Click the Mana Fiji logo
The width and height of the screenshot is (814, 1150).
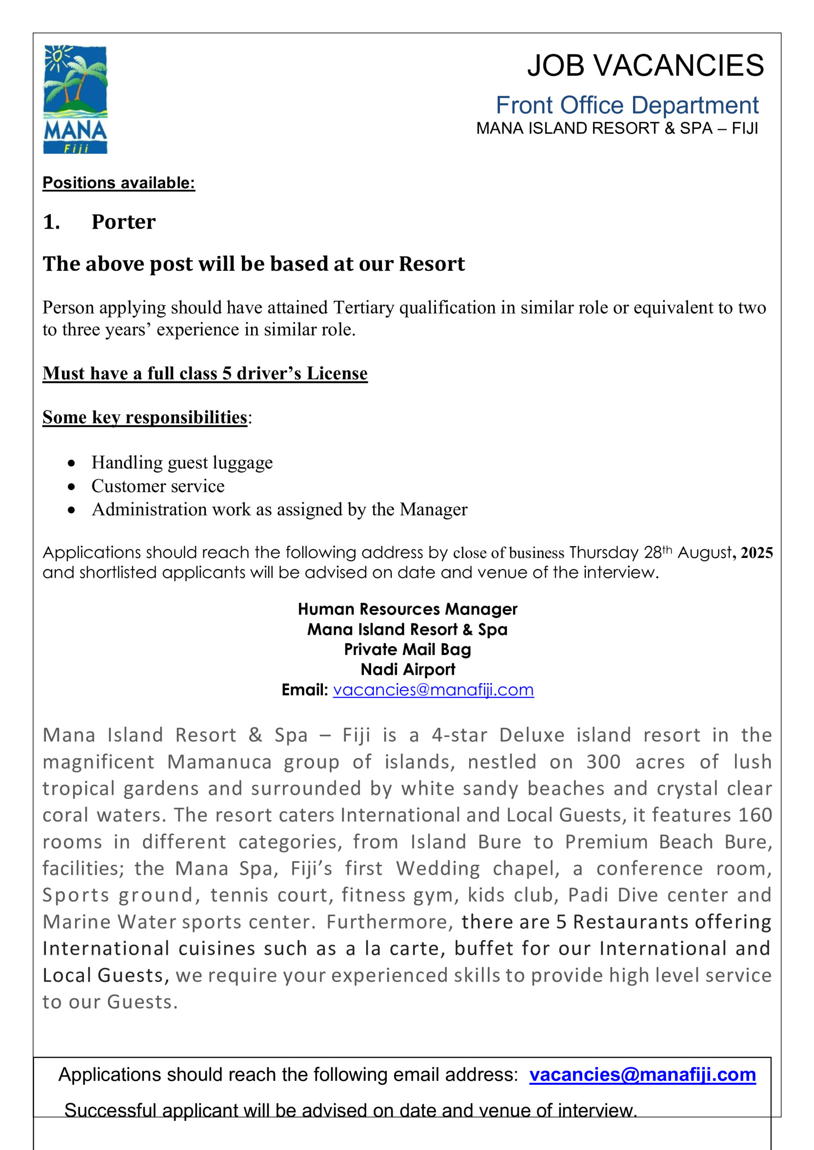pyautogui.click(x=75, y=99)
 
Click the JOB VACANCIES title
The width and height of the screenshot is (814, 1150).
pyautogui.click(x=645, y=65)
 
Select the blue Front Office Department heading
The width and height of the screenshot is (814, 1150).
pyautogui.click(x=627, y=105)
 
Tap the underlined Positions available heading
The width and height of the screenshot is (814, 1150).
pyautogui.click(x=119, y=183)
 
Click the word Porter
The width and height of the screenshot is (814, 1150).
pyautogui.click(x=123, y=222)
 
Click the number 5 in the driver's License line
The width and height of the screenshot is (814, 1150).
pyautogui.click(x=226, y=373)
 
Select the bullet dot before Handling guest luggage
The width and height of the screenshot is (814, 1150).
pyautogui.click(x=72, y=463)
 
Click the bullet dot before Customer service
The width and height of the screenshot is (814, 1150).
pyautogui.click(x=72, y=487)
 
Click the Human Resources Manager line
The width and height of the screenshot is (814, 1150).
pyautogui.click(x=407, y=609)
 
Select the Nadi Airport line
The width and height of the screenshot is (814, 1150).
pyautogui.click(x=407, y=669)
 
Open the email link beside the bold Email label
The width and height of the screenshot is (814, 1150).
pyautogui.click(x=433, y=690)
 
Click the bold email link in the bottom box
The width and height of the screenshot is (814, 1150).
pyautogui.click(x=642, y=1075)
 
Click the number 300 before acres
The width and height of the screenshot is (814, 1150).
pyautogui.click(x=603, y=762)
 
